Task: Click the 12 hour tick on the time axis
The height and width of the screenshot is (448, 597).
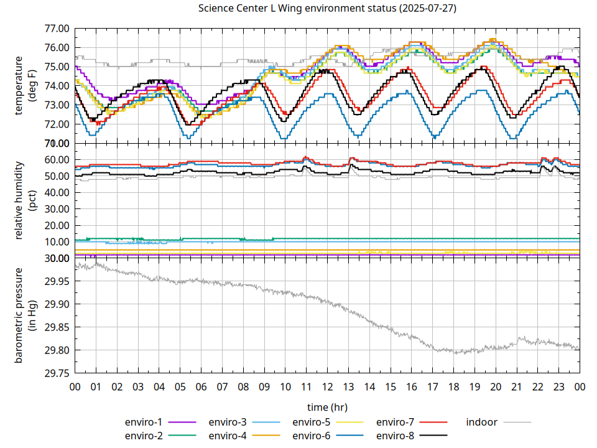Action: click(x=327, y=386)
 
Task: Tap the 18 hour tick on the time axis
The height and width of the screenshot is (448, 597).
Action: click(x=453, y=386)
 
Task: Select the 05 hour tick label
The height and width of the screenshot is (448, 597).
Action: click(x=180, y=386)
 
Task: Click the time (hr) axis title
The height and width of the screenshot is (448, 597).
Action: click(x=327, y=407)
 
